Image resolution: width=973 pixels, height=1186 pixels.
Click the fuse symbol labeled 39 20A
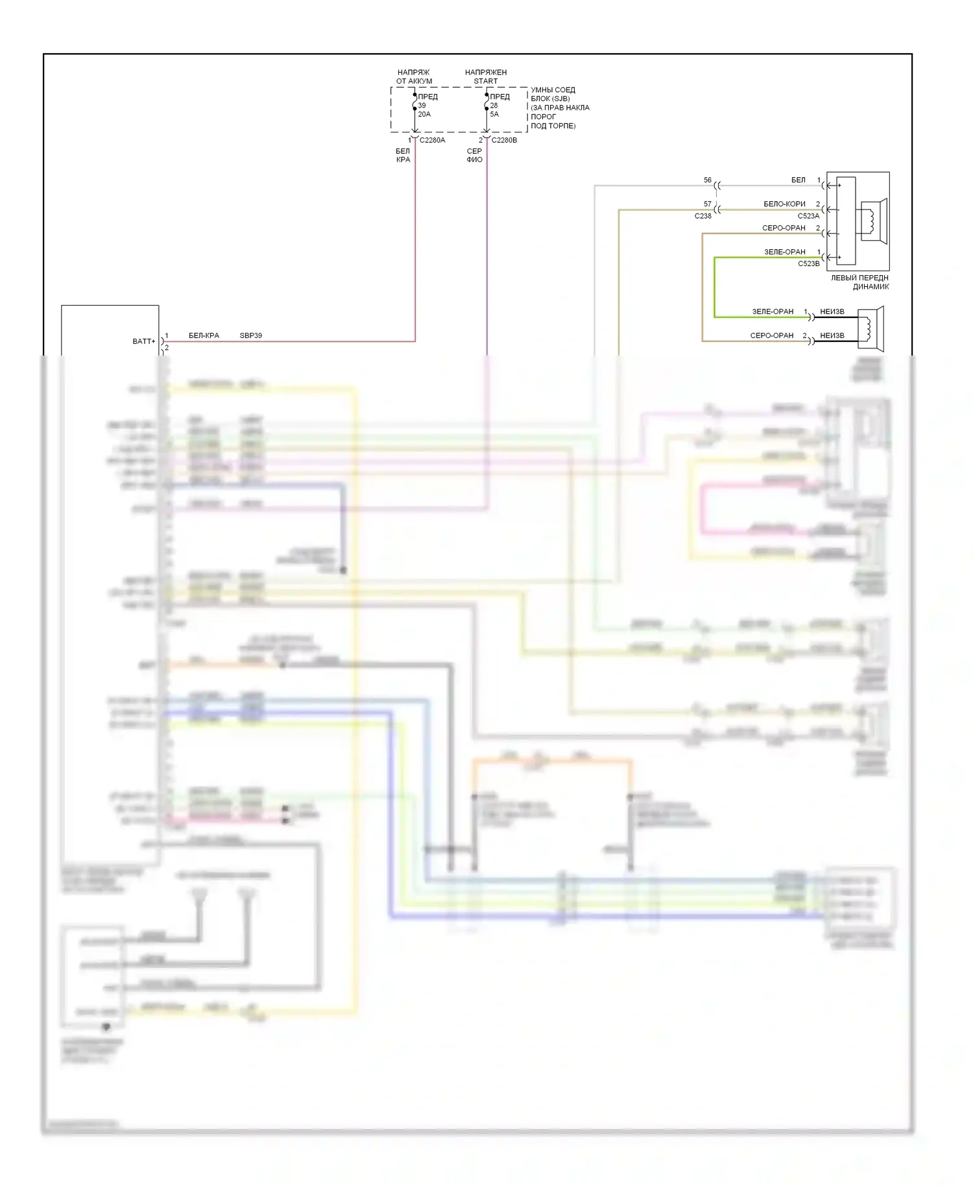(415, 105)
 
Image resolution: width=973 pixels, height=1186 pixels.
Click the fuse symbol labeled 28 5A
(486, 105)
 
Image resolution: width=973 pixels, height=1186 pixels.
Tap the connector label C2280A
(432, 140)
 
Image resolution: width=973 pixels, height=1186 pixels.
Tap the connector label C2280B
(504, 140)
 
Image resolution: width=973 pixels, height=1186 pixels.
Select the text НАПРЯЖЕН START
(486, 77)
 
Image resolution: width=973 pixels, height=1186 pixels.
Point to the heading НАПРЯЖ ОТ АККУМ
(414, 77)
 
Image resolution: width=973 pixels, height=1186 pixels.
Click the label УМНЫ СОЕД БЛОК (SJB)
(553, 94)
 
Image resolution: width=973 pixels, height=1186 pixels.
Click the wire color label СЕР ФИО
(474, 155)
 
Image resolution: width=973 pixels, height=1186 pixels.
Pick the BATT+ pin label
(144, 341)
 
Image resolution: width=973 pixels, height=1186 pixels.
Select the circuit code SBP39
(250, 335)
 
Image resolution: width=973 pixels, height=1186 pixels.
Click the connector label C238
(703, 216)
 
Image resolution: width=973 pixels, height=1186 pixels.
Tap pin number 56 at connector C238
(707, 180)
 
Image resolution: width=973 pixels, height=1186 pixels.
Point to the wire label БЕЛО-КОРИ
(784, 204)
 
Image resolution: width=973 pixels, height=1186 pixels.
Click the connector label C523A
(808, 216)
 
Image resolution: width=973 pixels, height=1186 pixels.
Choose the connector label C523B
(808, 264)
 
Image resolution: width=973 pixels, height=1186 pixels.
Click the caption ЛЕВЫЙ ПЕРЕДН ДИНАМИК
(860, 282)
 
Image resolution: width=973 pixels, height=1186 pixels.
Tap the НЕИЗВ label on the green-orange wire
(832, 311)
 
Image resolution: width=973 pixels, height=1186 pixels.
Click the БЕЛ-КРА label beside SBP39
(204, 335)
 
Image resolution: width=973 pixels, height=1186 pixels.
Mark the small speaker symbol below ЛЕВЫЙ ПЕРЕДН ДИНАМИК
(871, 326)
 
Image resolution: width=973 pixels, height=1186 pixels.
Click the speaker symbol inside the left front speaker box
(872, 221)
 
